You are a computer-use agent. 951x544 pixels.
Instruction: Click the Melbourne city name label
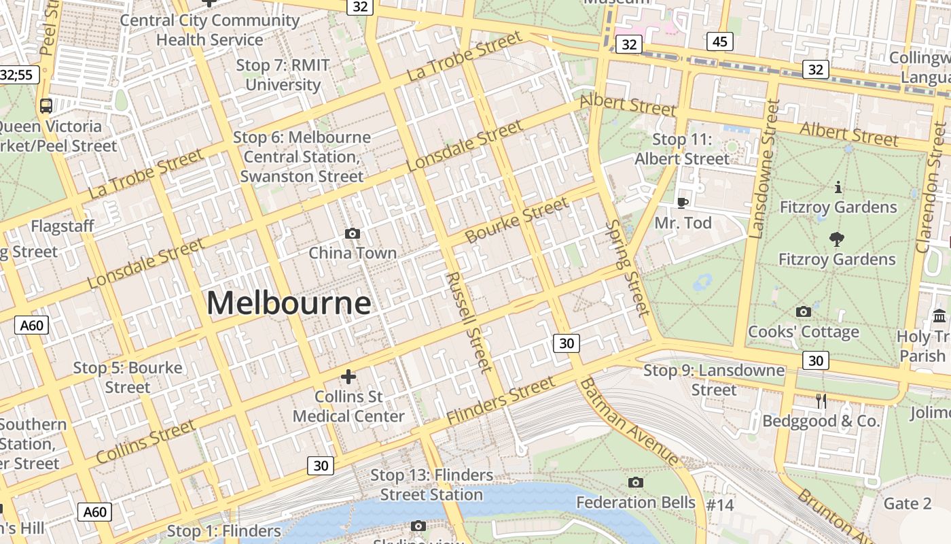pyautogui.click(x=289, y=303)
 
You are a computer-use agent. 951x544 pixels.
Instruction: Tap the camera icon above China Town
pyautogui.click(x=352, y=233)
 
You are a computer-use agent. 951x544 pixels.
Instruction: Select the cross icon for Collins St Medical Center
pyautogui.click(x=348, y=376)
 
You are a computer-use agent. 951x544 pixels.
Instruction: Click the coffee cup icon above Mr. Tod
pyautogui.click(x=683, y=203)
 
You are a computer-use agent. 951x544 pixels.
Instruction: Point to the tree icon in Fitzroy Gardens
pyautogui.click(x=837, y=239)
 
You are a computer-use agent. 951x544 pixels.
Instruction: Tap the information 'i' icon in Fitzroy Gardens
pyautogui.click(x=838, y=187)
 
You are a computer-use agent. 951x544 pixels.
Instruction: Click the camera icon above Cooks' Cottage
pyautogui.click(x=803, y=311)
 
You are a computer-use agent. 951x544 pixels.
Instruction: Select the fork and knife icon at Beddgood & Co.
pyautogui.click(x=821, y=401)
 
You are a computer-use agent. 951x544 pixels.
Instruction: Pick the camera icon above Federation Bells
pyautogui.click(x=636, y=482)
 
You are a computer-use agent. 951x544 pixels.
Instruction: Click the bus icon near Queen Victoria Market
pyautogui.click(x=46, y=105)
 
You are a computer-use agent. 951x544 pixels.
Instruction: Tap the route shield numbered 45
pyautogui.click(x=720, y=41)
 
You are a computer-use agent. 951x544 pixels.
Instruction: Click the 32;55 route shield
pyautogui.click(x=18, y=75)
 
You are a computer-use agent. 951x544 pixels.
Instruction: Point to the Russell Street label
pyautogui.click(x=469, y=322)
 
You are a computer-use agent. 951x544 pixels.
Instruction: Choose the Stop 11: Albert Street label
pyautogui.click(x=682, y=149)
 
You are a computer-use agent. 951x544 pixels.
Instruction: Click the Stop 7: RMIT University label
pyautogui.click(x=283, y=75)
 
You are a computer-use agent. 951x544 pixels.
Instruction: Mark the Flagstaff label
pyautogui.click(x=62, y=226)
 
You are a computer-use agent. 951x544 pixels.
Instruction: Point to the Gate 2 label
pyautogui.click(x=907, y=503)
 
